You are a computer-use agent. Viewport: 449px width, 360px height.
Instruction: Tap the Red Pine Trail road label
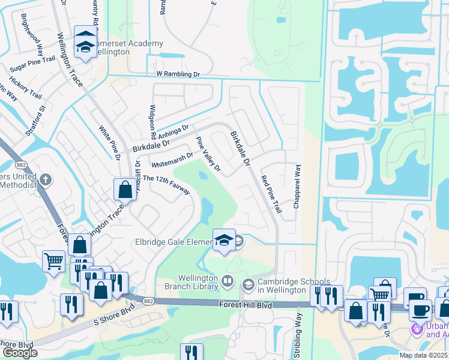click(271, 194)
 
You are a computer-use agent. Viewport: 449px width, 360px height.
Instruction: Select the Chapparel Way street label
click(297, 187)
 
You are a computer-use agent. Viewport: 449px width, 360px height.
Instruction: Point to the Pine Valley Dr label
click(209, 154)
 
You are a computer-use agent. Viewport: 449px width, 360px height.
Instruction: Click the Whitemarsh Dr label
click(172, 158)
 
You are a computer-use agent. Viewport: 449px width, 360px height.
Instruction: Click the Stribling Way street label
click(298, 335)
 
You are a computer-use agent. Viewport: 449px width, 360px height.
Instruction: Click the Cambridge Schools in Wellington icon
click(247, 283)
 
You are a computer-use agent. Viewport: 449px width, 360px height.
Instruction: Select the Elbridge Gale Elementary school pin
click(224, 241)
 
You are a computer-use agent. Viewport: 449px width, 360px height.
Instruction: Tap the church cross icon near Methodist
click(46, 179)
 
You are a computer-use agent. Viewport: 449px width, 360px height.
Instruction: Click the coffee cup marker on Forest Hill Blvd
click(420, 311)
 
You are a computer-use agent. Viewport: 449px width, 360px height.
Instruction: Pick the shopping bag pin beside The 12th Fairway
click(125, 190)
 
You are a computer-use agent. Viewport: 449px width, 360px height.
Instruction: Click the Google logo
click(20, 353)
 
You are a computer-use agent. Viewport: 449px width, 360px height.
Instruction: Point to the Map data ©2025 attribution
click(424, 355)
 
